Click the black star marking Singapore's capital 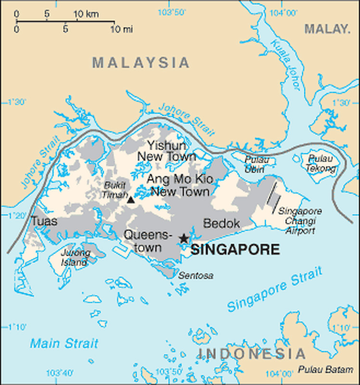[183, 238]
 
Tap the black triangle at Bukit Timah [131, 199]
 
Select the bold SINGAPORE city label [235, 250]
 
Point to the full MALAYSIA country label [141, 63]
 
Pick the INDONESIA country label [251, 354]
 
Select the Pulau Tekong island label [321, 163]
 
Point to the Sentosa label [196, 276]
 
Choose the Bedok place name [221, 223]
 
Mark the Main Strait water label [64, 343]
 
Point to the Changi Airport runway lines [273, 197]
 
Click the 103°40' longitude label [60, 373]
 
